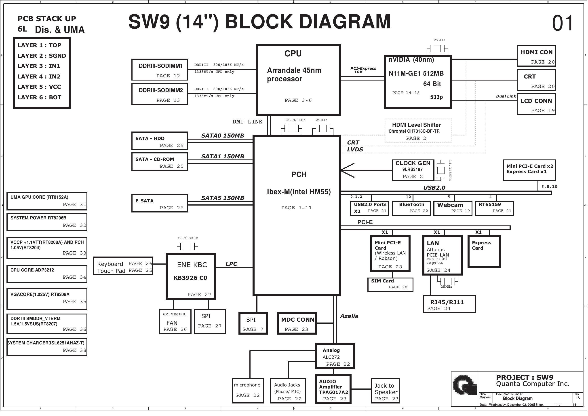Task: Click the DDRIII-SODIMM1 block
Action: tap(160, 70)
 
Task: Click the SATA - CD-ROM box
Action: tap(160, 162)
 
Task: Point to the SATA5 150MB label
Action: tap(222, 198)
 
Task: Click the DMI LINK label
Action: tap(247, 122)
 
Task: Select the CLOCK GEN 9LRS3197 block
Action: tap(413, 170)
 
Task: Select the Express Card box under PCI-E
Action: tap(484, 252)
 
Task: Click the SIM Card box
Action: tap(390, 284)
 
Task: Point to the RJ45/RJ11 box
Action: tap(449, 304)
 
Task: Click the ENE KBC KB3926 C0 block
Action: tap(191, 276)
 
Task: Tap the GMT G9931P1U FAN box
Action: tap(175, 321)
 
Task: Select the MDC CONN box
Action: tap(297, 323)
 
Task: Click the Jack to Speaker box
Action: tap(385, 391)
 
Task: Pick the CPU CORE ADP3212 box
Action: tap(47, 274)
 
